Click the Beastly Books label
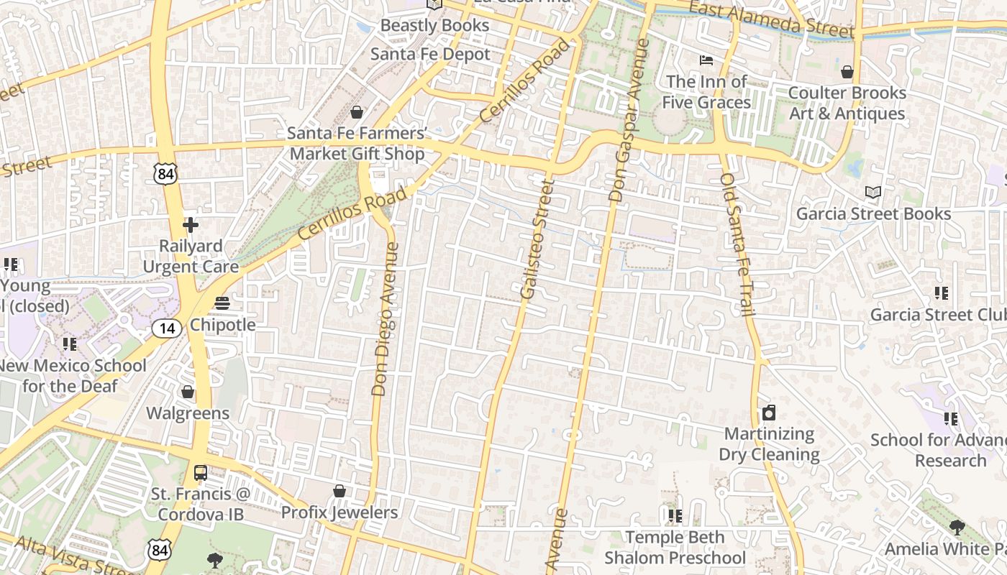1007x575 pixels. pyautogui.click(x=434, y=26)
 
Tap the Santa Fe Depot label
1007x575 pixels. pyautogui.click(x=430, y=55)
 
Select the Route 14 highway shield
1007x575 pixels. pyautogui.click(x=166, y=329)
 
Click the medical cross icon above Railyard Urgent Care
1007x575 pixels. pyautogui.click(x=190, y=226)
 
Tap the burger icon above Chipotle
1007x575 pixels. pyautogui.click(x=222, y=303)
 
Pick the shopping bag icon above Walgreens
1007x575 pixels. pyautogui.click(x=188, y=392)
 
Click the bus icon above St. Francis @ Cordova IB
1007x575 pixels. pyautogui.click(x=201, y=473)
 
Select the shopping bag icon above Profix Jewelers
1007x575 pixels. pyautogui.click(x=339, y=491)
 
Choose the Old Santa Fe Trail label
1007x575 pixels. pyautogui.click(x=737, y=244)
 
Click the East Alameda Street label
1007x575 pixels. pyautogui.click(x=772, y=19)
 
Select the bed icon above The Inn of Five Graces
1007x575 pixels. pyautogui.click(x=706, y=60)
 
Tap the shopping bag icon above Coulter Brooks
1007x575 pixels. pyautogui.click(x=847, y=72)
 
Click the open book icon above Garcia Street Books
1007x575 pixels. pyautogui.click(x=873, y=193)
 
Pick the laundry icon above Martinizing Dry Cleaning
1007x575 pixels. pyautogui.click(x=769, y=413)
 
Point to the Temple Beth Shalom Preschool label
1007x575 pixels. pyautogui.click(x=675, y=548)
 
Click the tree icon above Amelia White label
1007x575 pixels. pyautogui.click(x=957, y=528)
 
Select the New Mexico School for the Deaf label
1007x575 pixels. pyautogui.click(x=72, y=375)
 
